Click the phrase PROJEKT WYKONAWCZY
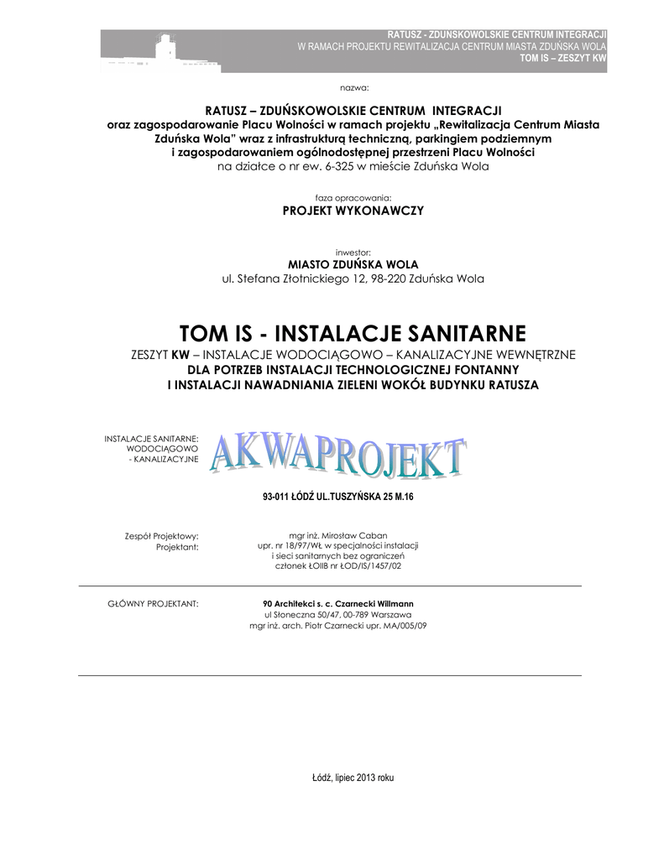tap(353, 210)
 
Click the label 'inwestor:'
tap(353, 252)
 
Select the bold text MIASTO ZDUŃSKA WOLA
tap(353, 264)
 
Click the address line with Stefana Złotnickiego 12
tap(353, 279)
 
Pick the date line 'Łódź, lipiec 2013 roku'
tap(353, 778)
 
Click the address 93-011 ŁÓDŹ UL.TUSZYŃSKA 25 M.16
tap(338, 497)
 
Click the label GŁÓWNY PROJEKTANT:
tap(154, 604)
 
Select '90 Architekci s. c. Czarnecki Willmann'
tap(338, 604)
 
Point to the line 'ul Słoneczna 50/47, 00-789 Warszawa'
tap(338, 615)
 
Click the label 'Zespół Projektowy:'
tap(160, 535)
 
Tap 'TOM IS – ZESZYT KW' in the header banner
tap(563, 60)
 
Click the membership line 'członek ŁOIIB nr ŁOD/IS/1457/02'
tap(338, 567)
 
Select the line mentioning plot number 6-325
tap(353, 166)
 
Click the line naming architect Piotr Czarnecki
tap(338, 626)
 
